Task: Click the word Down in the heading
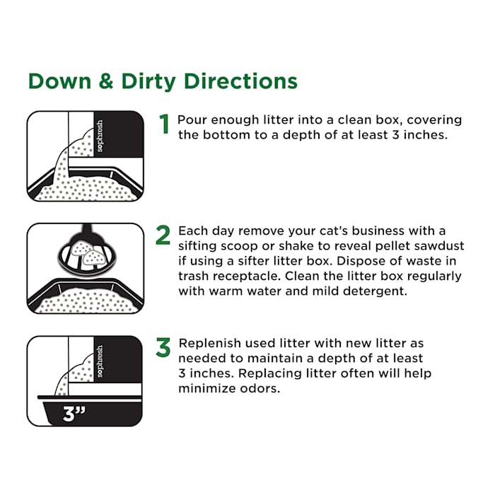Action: [59, 81]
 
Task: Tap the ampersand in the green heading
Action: [106, 81]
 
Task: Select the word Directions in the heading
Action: [240, 81]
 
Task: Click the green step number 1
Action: [164, 124]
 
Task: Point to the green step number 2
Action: [163, 235]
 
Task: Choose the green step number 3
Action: [163, 348]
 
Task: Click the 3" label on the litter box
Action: [74, 414]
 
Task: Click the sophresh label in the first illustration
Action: [100, 136]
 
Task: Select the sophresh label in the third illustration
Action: [100, 361]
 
